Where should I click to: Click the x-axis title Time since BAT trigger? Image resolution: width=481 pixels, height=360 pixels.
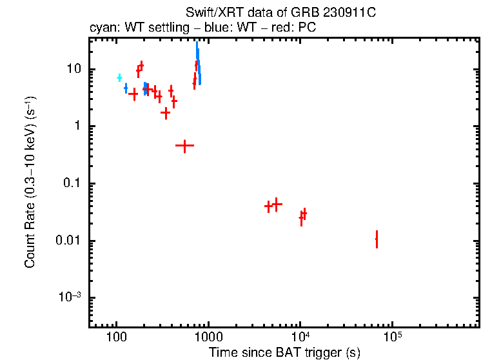pos(284,352)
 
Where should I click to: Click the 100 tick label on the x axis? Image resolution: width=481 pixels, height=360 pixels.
pos(116,338)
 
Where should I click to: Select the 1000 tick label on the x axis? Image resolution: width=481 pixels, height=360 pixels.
pos(208,338)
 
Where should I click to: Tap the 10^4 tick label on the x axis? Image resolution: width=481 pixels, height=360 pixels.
pos(300,337)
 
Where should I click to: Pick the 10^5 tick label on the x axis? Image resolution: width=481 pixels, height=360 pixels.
pos(391,337)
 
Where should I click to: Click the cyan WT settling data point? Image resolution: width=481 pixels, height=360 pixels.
pos(119,78)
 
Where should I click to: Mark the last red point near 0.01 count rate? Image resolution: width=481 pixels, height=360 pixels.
pos(377,239)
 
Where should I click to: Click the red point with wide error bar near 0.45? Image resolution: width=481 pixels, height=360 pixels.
pos(185,146)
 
